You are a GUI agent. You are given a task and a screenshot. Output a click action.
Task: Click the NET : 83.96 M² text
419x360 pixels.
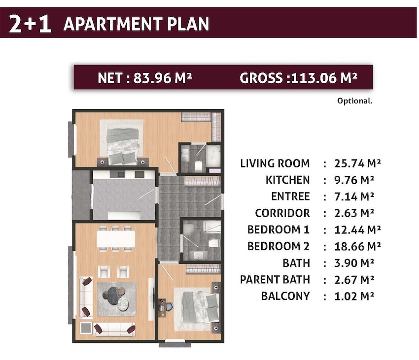point(145,78)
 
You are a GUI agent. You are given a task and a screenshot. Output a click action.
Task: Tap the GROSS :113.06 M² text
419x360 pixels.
point(299,78)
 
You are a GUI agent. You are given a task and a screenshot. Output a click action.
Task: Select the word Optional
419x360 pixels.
point(355,101)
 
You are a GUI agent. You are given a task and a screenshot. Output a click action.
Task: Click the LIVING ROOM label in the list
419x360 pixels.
point(275,164)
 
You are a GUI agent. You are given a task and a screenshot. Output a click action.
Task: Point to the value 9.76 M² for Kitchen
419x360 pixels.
point(354,180)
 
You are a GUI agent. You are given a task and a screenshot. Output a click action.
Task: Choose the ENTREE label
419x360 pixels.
point(290,196)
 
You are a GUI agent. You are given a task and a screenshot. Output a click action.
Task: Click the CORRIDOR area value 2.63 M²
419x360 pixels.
point(354,213)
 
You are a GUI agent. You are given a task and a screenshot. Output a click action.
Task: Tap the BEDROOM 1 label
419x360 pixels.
point(278,229)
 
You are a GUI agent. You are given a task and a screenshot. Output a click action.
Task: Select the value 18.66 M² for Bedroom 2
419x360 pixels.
point(357,246)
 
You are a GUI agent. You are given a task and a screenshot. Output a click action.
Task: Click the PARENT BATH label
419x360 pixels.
point(275,280)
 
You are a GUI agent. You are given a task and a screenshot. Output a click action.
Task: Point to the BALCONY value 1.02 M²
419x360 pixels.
point(354,296)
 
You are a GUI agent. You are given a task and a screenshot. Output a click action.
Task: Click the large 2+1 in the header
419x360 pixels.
point(30,24)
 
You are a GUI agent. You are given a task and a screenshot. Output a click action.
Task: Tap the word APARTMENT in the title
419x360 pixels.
point(113,24)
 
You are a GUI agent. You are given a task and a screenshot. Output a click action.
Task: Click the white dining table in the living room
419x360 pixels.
point(116,239)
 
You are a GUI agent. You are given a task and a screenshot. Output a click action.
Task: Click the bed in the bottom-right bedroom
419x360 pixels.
point(200,307)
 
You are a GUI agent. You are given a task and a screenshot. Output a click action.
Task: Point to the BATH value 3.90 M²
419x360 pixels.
point(354,263)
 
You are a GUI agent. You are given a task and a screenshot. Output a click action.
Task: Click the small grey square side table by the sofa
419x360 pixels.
point(86,328)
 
